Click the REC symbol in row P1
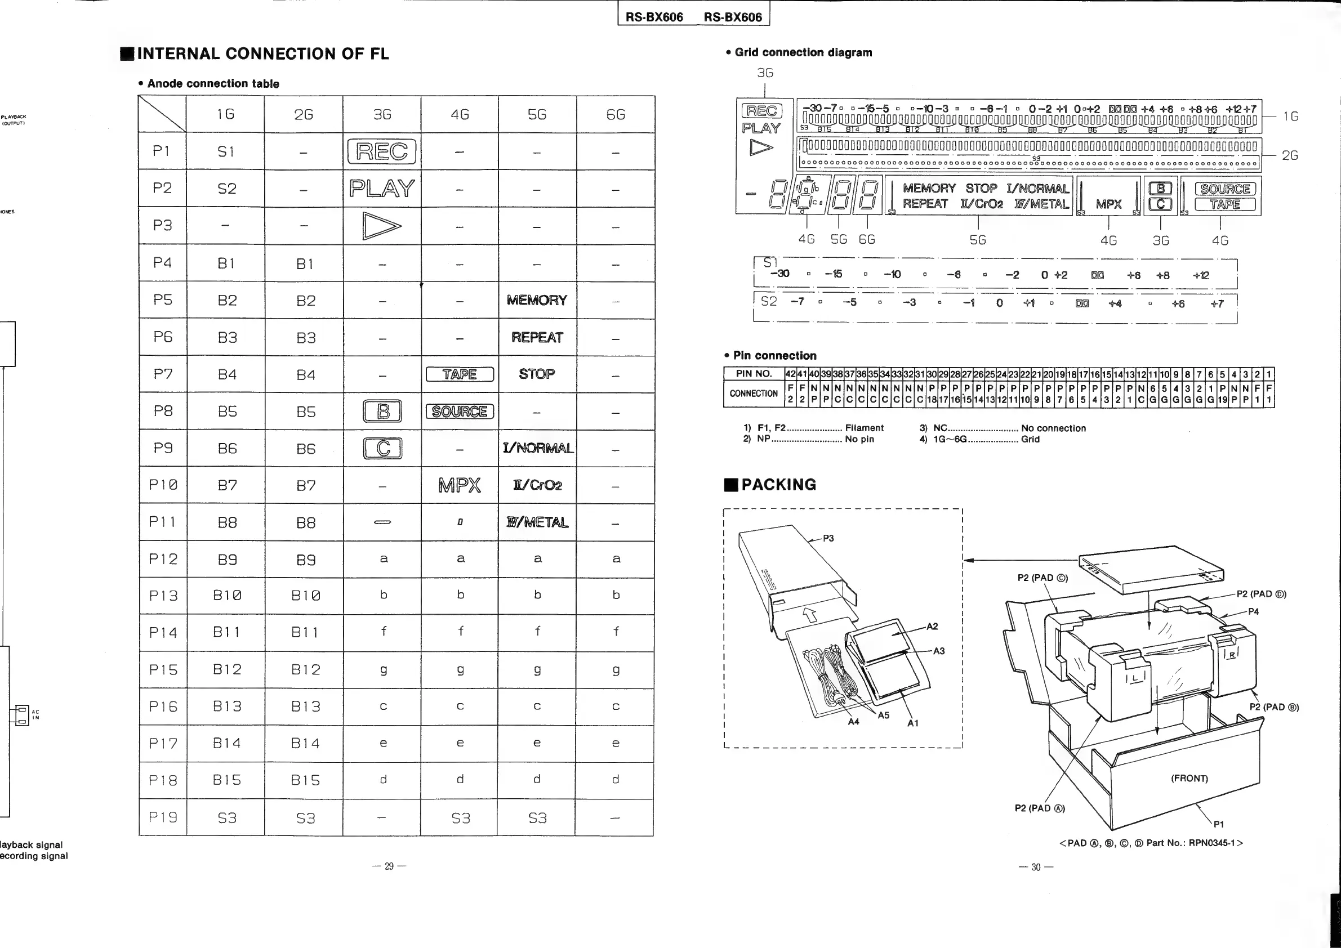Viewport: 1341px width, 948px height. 382,152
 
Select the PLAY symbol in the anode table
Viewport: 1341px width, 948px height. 382,189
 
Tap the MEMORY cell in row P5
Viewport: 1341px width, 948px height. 537,300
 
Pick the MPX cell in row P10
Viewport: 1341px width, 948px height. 460,485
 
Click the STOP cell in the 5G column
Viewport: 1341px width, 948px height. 537,374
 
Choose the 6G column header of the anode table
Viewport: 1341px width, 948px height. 616,114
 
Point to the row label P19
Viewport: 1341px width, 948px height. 163,817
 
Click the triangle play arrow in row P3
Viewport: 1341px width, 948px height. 382,226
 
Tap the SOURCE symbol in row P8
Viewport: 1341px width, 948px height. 460,412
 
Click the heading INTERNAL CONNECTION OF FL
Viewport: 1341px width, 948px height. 262,54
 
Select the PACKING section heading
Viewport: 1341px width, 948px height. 778,485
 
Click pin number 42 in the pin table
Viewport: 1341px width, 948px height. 790,374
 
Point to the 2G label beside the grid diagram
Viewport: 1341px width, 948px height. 1290,155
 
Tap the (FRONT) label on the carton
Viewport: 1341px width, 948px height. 1189,778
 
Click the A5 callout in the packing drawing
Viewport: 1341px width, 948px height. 883,715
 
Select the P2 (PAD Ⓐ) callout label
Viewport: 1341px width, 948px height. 1040,808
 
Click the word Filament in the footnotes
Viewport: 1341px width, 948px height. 865,428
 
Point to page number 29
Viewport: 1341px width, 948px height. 389,866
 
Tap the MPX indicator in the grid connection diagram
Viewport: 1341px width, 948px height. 1108,204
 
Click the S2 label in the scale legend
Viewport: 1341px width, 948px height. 769,301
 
